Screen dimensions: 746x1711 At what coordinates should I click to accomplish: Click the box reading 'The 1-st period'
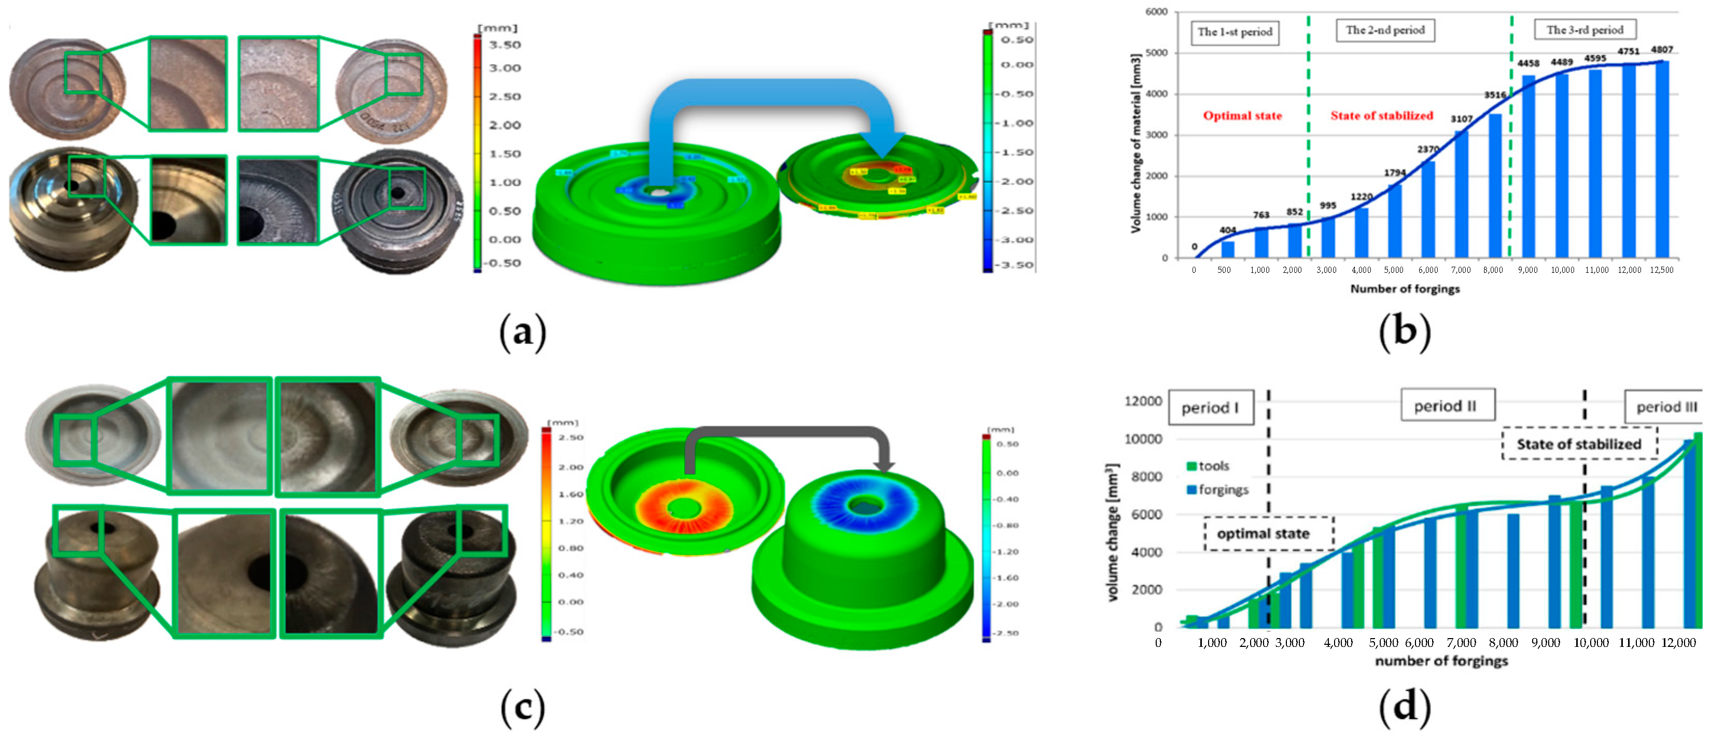click(1235, 32)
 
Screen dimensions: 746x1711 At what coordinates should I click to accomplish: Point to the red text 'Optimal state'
click(1242, 116)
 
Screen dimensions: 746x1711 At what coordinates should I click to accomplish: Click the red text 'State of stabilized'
click(1382, 116)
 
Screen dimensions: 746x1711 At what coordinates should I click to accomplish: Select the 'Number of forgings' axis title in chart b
click(1405, 289)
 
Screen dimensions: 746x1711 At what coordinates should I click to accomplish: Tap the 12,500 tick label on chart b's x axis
click(1661, 270)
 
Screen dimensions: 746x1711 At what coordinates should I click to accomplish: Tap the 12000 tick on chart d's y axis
click(1142, 401)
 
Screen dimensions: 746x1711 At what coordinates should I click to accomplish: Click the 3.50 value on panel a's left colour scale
click(505, 45)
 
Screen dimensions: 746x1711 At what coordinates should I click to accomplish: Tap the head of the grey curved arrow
click(883, 466)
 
